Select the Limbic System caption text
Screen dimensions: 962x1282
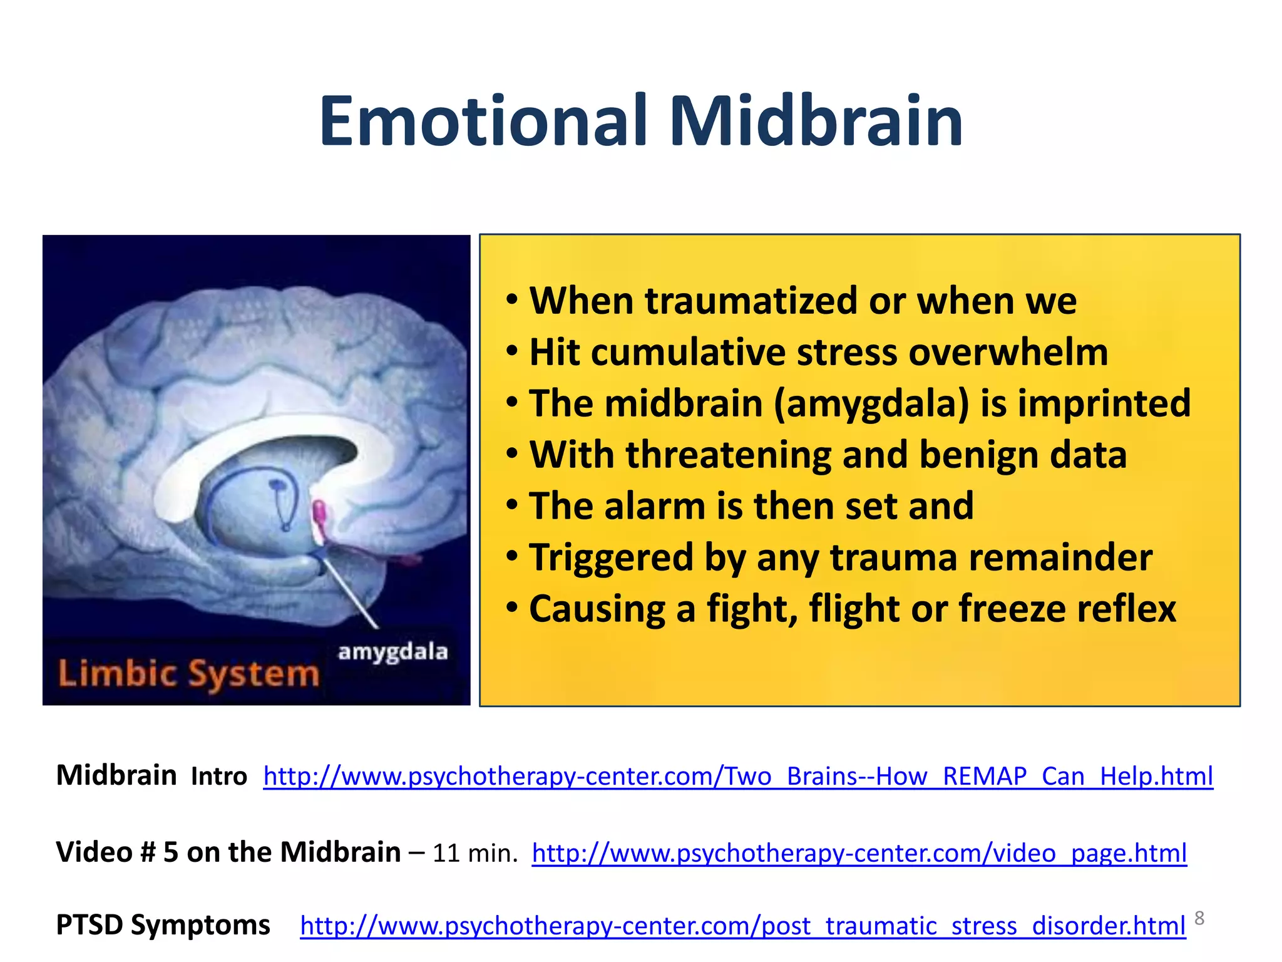pyautogui.click(x=188, y=674)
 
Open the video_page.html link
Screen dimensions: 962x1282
pyautogui.click(x=859, y=853)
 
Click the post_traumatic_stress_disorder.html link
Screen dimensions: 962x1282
pyautogui.click(x=742, y=926)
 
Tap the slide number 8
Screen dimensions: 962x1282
pyautogui.click(x=1199, y=918)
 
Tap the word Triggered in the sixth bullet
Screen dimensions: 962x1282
pyautogui.click(x=611, y=558)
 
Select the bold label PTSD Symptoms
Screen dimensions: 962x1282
pyautogui.click(x=163, y=924)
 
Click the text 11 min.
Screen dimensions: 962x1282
pyautogui.click(x=474, y=854)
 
